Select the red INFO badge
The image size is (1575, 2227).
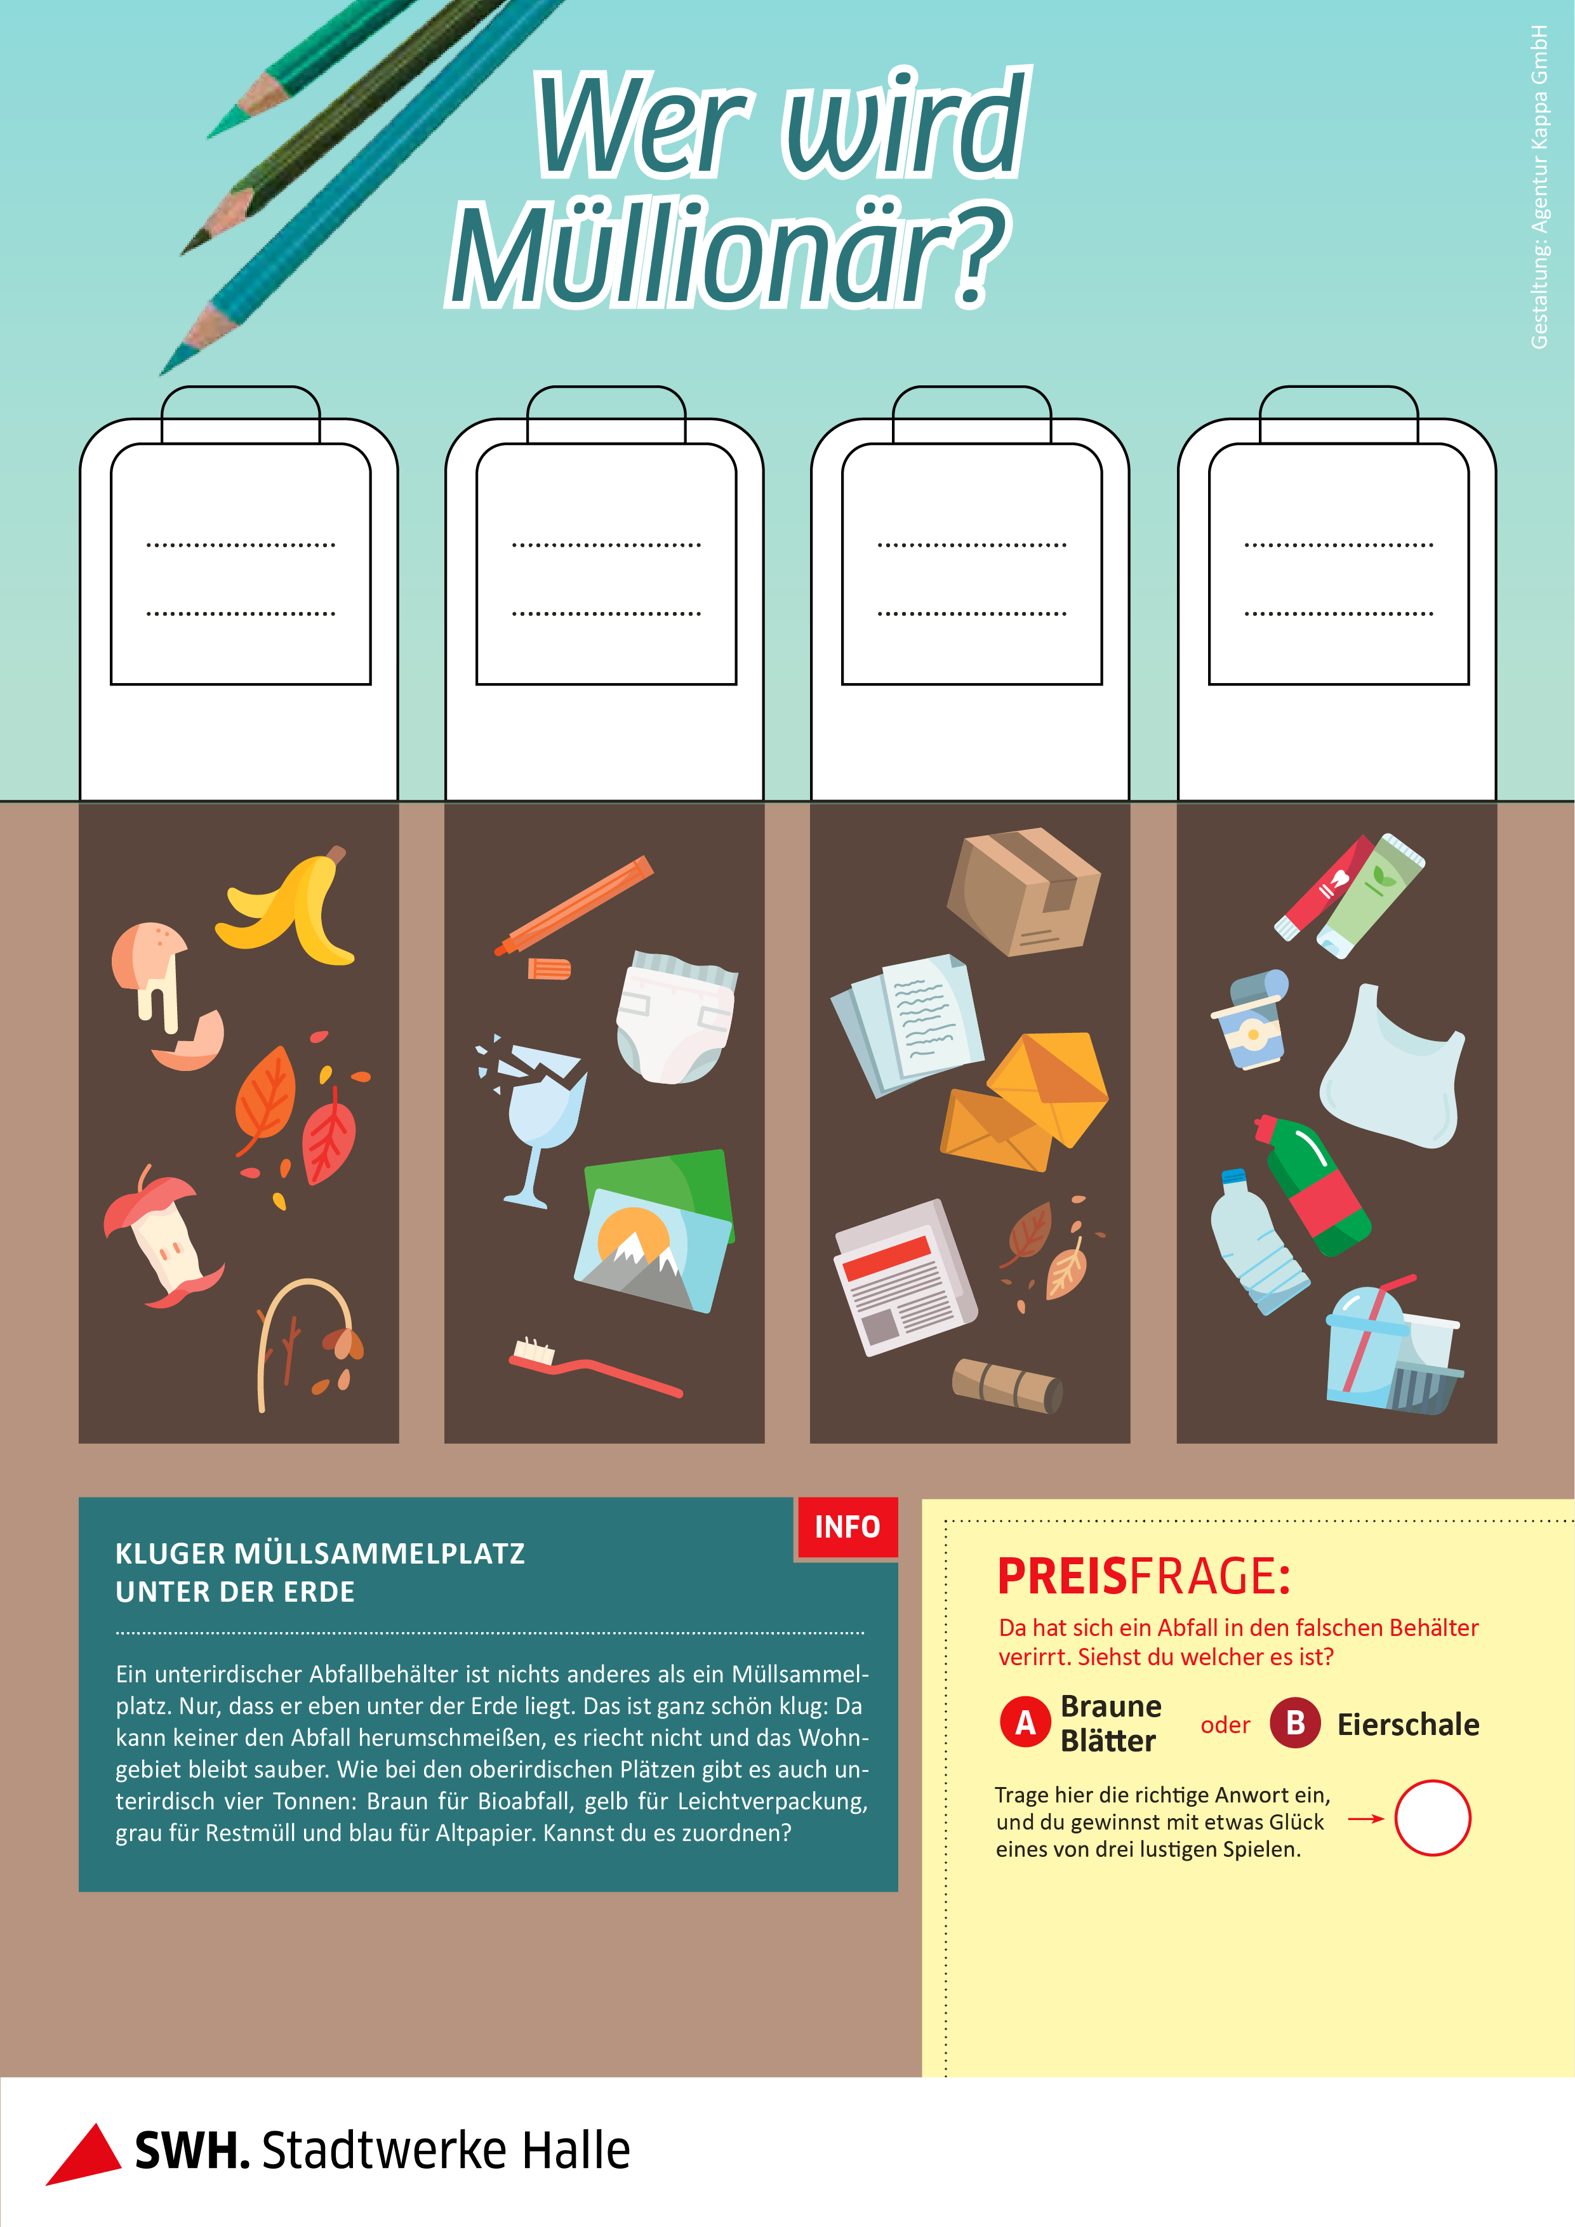[x=847, y=1527]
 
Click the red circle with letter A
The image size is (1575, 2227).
[x=1025, y=1723]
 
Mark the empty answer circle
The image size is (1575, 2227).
[x=1432, y=1818]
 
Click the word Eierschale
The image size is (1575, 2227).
[x=1408, y=1725]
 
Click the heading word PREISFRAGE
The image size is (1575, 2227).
[x=1143, y=1576]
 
